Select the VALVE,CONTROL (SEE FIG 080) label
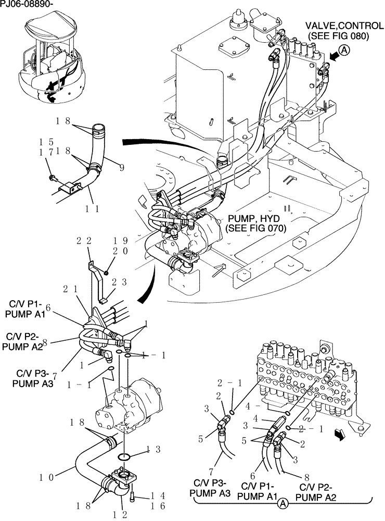pyautogui.click(x=337, y=31)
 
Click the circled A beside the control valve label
pyautogui.click(x=344, y=51)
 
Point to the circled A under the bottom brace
pyautogui.click(x=283, y=503)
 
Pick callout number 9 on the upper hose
pyautogui.click(x=121, y=168)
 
